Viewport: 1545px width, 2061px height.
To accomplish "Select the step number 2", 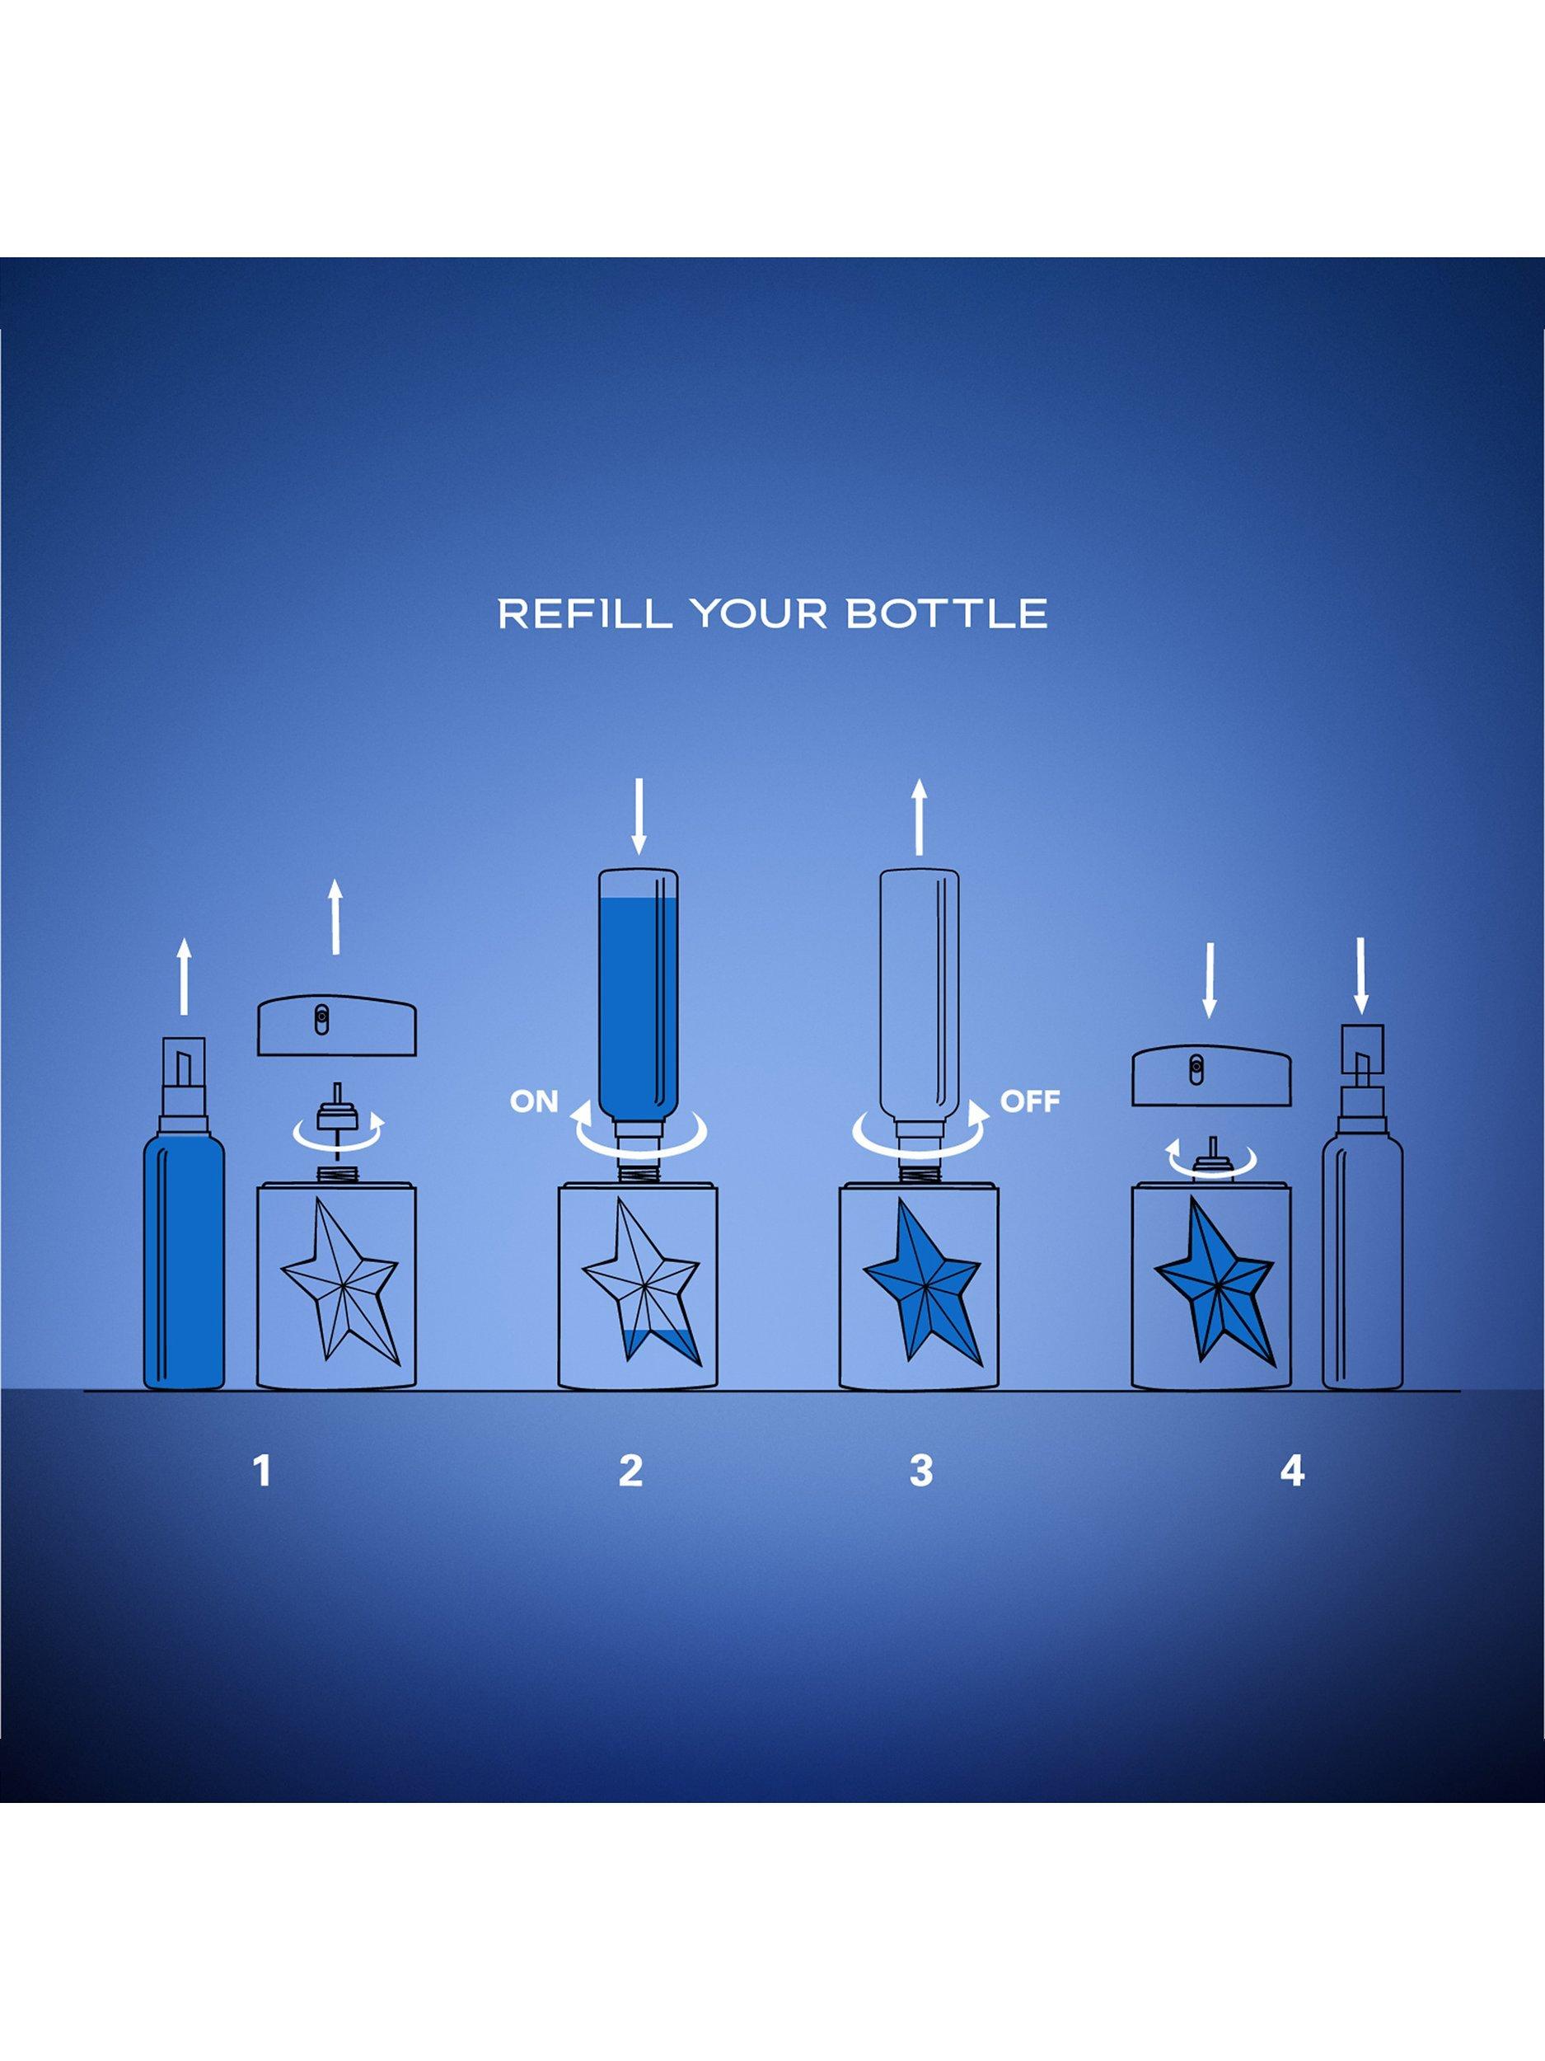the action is coord(630,1470).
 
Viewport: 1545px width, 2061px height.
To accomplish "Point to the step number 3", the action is coord(920,1470).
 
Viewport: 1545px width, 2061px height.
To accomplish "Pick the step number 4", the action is coord(1292,1470).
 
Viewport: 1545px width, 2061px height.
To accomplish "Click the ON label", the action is coord(534,1101).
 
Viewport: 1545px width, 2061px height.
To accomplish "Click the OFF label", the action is coord(1030,1101).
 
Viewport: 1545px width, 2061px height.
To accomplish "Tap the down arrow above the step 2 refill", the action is coord(638,817).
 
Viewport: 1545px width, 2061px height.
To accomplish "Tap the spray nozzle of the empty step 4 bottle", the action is coord(1361,1056).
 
